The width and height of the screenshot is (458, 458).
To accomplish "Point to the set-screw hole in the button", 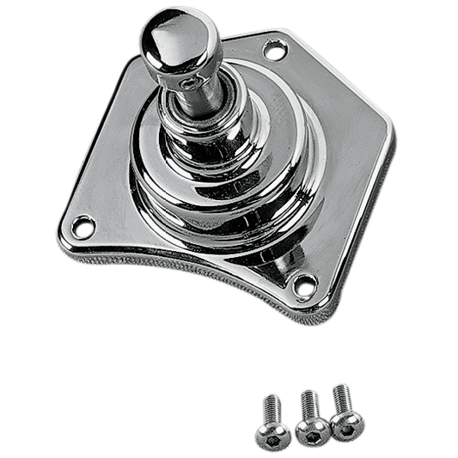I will [186, 83].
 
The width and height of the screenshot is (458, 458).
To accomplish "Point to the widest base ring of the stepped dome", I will [215, 206].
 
